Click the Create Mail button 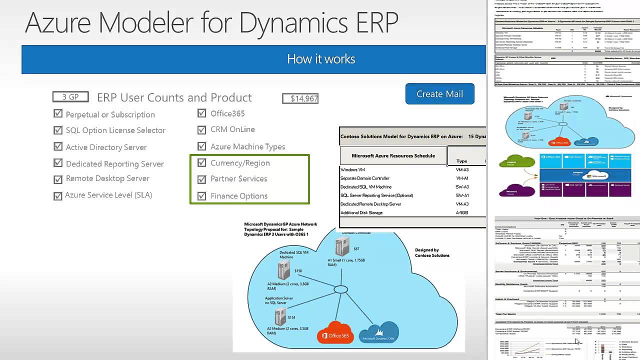click(439, 94)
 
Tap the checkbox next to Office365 click(201, 113)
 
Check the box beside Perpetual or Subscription click(58, 114)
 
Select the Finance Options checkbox click(201, 196)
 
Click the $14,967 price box click(300, 98)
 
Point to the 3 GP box click(70, 97)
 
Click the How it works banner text click(321, 59)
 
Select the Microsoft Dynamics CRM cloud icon click(378, 332)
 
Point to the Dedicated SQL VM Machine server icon click(283, 270)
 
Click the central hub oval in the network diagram click(341, 289)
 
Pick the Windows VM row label click(352, 170)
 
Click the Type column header click(461, 161)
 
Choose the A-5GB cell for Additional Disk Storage click(461, 213)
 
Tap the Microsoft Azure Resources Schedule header click(393, 155)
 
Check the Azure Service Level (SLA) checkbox click(58, 196)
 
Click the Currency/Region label click(240, 163)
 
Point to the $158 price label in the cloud click(298, 271)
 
